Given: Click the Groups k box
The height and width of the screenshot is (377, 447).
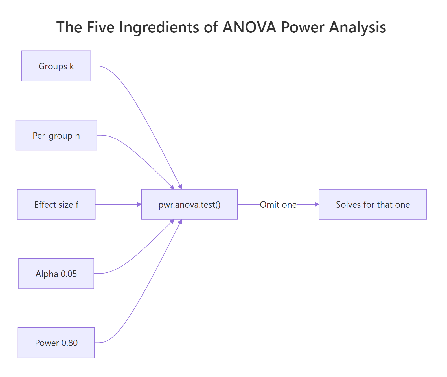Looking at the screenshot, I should (x=56, y=66).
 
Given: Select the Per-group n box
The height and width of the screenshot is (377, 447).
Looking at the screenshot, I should (x=56, y=135).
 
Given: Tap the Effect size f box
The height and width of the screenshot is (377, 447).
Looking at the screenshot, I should (x=56, y=204).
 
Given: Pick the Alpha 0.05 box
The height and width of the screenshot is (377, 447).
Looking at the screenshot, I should (x=56, y=274).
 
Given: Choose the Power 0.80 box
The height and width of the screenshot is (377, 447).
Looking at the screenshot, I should (x=56, y=343).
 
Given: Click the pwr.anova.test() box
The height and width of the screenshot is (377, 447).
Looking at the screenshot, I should (x=189, y=204).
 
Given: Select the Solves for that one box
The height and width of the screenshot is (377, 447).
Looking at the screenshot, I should (x=373, y=204).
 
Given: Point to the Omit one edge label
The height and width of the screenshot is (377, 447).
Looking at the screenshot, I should (x=278, y=205).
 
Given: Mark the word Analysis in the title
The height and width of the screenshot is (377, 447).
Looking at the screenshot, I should (x=358, y=27).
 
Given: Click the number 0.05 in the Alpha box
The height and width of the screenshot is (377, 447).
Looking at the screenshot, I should (x=69, y=274).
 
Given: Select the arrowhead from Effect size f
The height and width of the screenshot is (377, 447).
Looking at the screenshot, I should (x=139, y=204).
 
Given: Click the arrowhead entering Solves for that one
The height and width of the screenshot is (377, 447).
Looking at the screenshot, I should (x=317, y=204).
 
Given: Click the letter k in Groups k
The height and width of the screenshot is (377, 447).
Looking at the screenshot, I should (x=72, y=66).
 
